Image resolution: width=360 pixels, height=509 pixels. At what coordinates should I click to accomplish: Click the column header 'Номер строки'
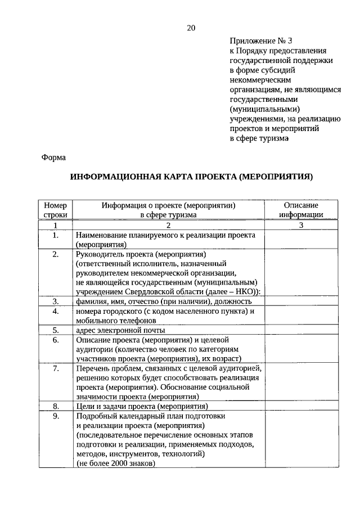(x=55, y=210)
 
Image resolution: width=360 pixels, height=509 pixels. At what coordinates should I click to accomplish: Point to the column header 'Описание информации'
(x=301, y=210)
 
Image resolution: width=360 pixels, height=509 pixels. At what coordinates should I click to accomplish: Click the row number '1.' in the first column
(x=55, y=235)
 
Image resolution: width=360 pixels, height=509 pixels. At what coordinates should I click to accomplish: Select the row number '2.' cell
(x=55, y=255)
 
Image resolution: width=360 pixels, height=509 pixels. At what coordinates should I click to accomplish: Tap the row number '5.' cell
(x=55, y=330)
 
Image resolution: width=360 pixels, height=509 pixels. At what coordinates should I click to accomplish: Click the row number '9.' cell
(x=55, y=416)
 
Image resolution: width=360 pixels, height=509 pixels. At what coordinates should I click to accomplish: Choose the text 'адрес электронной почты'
(x=112, y=330)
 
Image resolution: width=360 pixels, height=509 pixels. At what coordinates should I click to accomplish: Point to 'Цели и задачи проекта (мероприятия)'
(x=142, y=406)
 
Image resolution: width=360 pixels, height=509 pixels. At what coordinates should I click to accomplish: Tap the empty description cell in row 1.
(x=301, y=240)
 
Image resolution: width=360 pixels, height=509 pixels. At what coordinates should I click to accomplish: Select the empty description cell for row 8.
(x=301, y=406)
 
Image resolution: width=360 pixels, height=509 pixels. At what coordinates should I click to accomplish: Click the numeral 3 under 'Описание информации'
(x=301, y=225)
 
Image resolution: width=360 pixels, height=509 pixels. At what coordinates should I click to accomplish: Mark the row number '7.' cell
(x=55, y=368)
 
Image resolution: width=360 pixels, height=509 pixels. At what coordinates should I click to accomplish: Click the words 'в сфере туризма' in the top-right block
(x=259, y=137)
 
